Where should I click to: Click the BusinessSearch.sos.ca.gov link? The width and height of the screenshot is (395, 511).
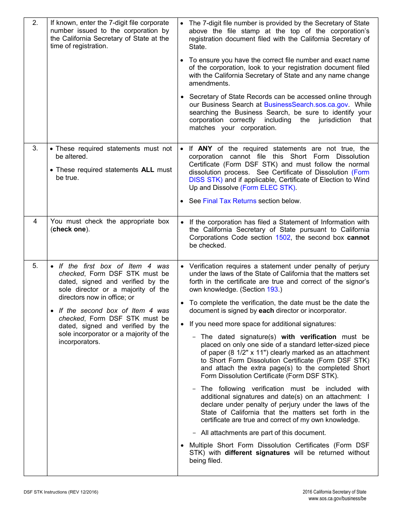(x=306, y=105)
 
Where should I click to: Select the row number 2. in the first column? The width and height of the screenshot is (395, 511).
(x=35, y=23)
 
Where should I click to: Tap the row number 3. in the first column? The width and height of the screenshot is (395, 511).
(x=35, y=149)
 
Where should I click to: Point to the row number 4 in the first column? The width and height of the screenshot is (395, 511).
(x=35, y=221)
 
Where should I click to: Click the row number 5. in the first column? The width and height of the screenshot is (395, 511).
(x=35, y=266)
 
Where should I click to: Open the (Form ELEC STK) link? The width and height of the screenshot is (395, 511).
(x=268, y=188)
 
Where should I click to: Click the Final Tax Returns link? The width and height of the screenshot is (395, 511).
(x=230, y=201)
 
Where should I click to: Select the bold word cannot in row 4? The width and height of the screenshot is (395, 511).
(x=358, y=238)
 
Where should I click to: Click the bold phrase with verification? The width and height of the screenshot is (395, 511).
(x=309, y=337)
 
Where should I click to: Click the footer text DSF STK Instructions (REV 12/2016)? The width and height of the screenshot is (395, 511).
(x=61, y=492)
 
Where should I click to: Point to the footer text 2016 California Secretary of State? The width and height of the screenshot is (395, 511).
(x=334, y=492)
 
